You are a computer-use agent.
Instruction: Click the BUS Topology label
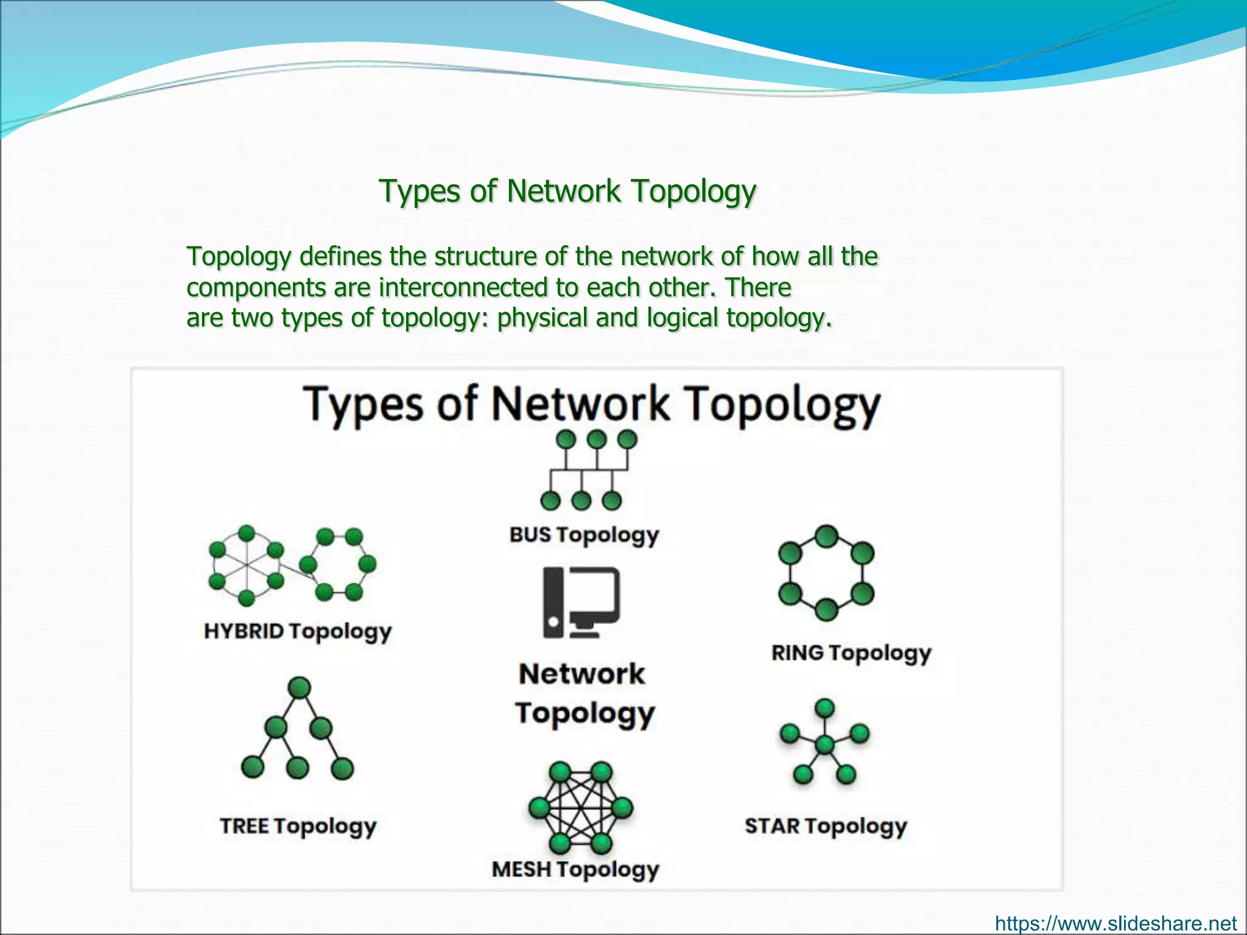[x=584, y=535]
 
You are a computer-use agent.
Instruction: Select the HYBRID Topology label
[x=297, y=631]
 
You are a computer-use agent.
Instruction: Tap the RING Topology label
[x=851, y=653]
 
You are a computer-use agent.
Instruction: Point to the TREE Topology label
[x=298, y=826]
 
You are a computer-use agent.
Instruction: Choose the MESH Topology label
[x=575, y=869]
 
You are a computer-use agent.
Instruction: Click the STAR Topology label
[x=826, y=826]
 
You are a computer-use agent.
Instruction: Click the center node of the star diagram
[x=824, y=744]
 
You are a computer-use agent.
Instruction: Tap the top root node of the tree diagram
[x=299, y=688]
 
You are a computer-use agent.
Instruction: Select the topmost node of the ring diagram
[x=826, y=537]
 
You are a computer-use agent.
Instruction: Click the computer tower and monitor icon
[x=581, y=602]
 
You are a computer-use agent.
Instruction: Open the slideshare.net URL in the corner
[x=1115, y=923]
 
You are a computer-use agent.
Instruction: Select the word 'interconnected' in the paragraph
[x=463, y=287]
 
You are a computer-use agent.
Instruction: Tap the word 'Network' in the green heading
[x=563, y=191]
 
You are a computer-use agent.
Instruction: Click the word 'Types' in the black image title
[x=363, y=404]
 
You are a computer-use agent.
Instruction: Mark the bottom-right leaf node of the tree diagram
[x=342, y=768]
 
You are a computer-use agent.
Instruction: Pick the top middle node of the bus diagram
[x=597, y=439]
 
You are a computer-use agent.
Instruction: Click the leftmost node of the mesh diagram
[x=539, y=808]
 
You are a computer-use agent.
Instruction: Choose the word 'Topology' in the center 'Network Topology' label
[x=585, y=713]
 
